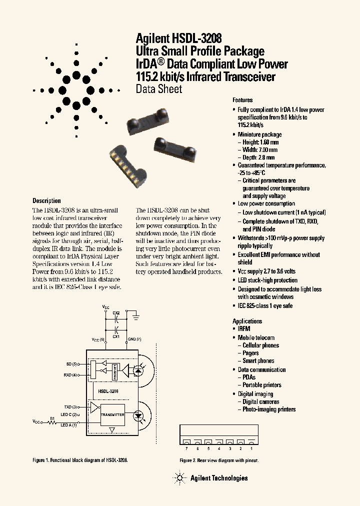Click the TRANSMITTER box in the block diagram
click(x=112, y=414)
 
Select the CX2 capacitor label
click(x=116, y=313)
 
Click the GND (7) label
click(x=134, y=339)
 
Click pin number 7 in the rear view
click(x=185, y=449)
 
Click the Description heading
click(x=46, y=201)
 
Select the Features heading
click(x=242, y=100)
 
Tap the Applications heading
click(x=247, y=321)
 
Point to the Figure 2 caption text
click(x=219, y=460)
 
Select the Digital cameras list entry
click(x=260, y=401)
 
